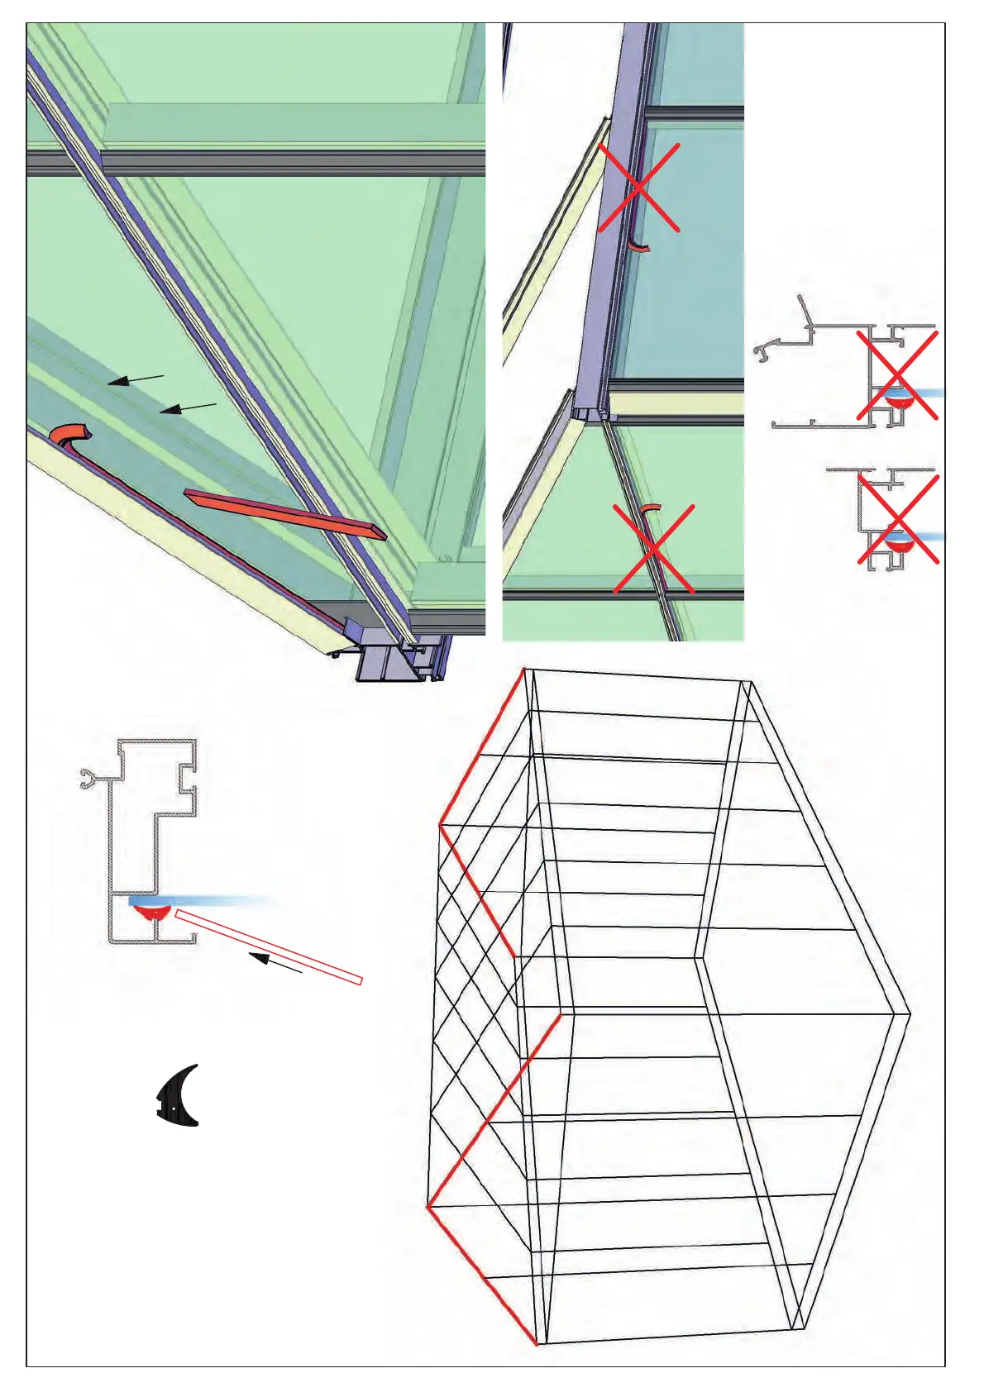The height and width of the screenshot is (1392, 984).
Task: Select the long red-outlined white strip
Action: pyautogui.click(x=269, y=946)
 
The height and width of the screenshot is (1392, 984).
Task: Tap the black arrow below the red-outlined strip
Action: pyautogui.click(x=275, y=963)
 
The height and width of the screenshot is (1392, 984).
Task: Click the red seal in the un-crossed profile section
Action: pyautogui.click(x=150, y=913)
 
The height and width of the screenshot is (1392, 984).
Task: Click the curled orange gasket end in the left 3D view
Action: pyautogui.click(x=69, y=434)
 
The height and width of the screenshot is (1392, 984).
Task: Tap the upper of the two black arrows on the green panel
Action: pyautogui.click(x=136, y=379)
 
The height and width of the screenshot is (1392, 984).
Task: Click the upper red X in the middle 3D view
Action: pyautogui.click(x=638, y=188)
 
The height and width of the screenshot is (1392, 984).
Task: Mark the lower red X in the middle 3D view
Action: pyautogui.click(x=653, y=549)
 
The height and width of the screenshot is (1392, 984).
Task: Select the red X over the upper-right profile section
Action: pyautogui.click(x=896, y=375)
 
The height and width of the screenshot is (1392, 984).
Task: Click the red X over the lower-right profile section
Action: pyautogui.click(x=897, y=519)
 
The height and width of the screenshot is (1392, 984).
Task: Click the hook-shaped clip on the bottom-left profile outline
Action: pyautogui.click(x=89, y=778)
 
